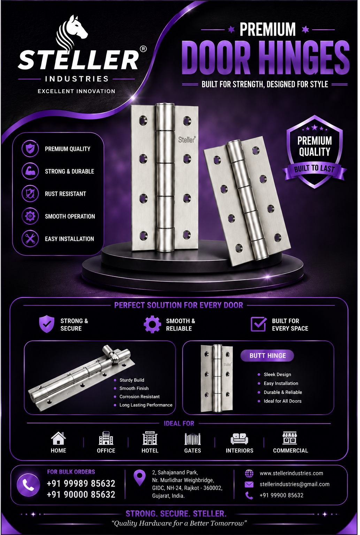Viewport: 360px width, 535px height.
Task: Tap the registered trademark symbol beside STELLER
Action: coord(143,49)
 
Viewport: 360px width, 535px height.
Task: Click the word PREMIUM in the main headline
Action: coord(268,30)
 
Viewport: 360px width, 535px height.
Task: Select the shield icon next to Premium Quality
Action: coord(30,149)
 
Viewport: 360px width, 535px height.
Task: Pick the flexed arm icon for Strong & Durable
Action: coord(30,171)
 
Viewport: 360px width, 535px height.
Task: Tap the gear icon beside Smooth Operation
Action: coord(30,216)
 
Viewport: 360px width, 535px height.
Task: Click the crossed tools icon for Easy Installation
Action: coord(30,239)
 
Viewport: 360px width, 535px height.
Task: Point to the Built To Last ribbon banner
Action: coord(314,170)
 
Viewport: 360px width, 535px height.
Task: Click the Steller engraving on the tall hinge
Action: coord(187,140)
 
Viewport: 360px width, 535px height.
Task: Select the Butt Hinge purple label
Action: coord(267,356)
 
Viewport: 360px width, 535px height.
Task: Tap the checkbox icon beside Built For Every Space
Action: coord(259,324)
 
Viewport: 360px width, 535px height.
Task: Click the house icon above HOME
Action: coord(58,438)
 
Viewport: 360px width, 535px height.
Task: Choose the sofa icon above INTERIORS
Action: coord(239,439)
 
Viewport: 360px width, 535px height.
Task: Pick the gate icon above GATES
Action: coord(192,439)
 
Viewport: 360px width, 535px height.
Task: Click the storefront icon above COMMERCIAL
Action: coord(290,438)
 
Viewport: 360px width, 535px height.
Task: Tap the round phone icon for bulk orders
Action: coord(28,485)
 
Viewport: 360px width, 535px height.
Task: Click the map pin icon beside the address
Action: coord(140,478)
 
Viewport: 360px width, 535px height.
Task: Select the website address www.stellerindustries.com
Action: coord(291,473)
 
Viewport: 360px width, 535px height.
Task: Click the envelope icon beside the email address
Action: coord(249,484)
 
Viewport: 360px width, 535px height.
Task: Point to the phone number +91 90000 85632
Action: coord(81,494)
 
